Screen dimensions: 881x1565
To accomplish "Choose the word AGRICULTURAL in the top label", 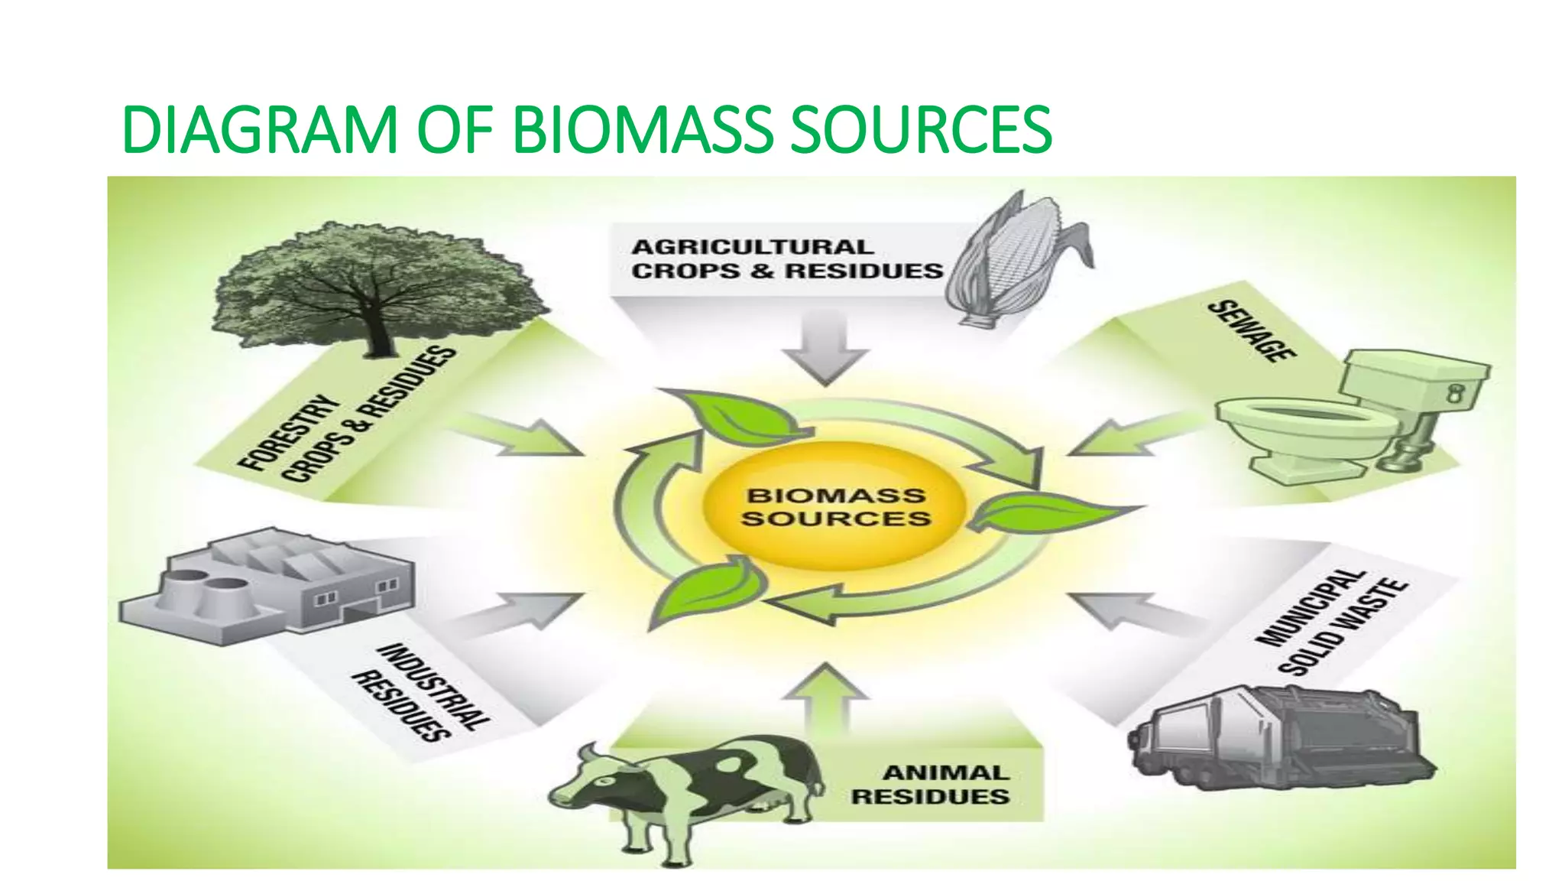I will pyautogui.click(x=752, y=247).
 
